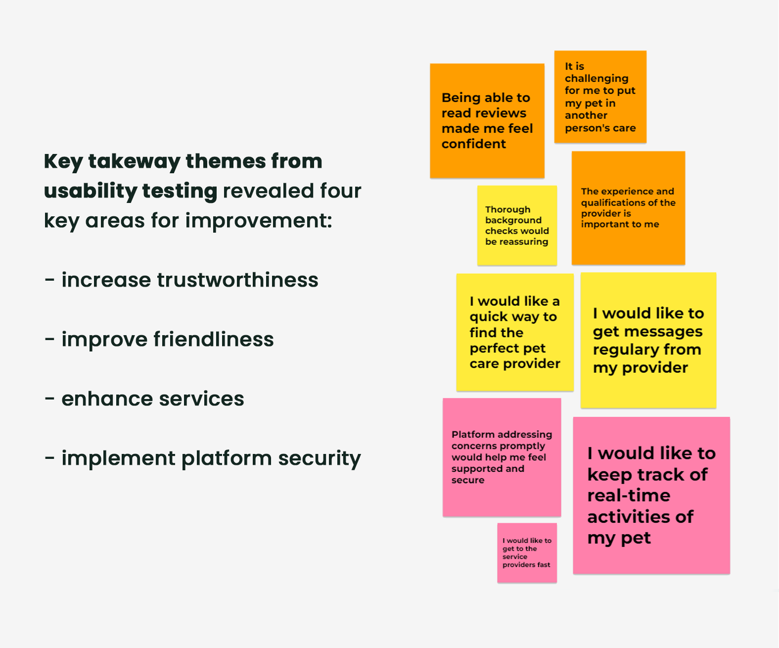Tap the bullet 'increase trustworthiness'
click(x=182, y=280)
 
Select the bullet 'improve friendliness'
click(x=159, y=340)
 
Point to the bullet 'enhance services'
click(x=144, y=399)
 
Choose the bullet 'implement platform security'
click(x=203, y=458)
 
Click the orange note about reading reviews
click(x=487, y=120)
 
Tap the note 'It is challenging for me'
click(x=600, y=97)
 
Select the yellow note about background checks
click(x=517, y=226)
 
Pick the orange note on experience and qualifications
click(x=628, y=208)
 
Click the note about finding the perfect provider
click(x=514, y=332)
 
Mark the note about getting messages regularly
click(x=648, y=341)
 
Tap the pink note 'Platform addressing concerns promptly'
click(x=502, y=457)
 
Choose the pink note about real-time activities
click(x=651, y=496)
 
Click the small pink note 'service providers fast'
click(x=527, y=553)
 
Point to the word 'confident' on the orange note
click(x=473, y=144)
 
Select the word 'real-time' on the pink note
click(x=629, y=496)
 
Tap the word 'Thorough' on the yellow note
click(x=507, y=209)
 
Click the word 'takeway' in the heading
click(x=134, y=161)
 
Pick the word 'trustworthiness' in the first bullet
click(x=237, y=280)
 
